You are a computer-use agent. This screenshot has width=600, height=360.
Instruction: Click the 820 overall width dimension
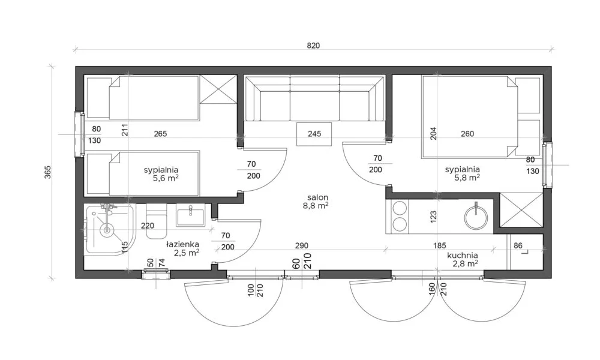[313, 46]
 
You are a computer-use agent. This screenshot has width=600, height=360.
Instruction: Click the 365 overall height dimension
[47, 172]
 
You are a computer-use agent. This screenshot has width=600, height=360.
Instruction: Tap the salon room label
[317, 197]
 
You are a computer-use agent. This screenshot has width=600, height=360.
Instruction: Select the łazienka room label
[182, 244]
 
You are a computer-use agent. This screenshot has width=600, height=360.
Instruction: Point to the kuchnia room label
[462, 255]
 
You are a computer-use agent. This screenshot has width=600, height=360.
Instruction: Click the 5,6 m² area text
[166, 178]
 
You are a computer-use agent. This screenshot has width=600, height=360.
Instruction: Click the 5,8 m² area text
[467, 178]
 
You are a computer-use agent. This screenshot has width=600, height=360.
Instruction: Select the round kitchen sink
[476, 218]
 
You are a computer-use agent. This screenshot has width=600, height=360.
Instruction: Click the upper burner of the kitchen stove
[400, 209]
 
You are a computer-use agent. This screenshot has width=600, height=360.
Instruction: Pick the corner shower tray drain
[107, 230]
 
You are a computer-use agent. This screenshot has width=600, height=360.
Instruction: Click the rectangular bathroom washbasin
[191, 215]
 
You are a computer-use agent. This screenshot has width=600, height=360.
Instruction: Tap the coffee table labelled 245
[314, 134]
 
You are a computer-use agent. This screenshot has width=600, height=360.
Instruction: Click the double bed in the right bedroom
[469, 116]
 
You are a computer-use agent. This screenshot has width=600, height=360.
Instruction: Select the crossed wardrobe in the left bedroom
[218, 89]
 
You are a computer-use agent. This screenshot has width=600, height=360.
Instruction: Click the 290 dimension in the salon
[302, 245]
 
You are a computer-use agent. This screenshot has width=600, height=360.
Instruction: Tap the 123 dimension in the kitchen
[433, 217]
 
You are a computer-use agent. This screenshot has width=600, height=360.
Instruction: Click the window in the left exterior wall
[80, 134]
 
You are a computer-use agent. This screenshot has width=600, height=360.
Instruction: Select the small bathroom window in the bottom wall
[156, 274]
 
